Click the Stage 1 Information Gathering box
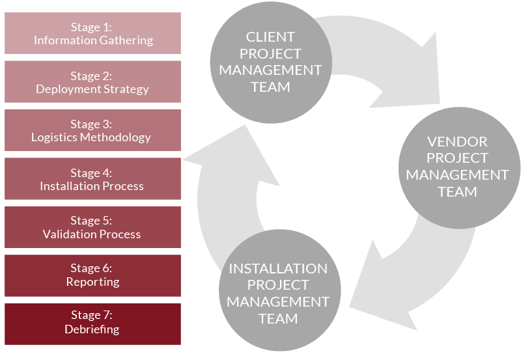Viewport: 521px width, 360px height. point(92,33)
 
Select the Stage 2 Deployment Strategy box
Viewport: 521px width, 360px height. point(92,82)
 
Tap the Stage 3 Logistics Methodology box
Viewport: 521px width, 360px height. point(92,130)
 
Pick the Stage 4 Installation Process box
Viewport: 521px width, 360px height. point(92,179)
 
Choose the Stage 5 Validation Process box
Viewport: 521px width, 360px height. point(92,227)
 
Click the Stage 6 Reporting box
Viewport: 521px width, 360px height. point(92,275)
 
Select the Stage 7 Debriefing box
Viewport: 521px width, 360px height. point(92,324)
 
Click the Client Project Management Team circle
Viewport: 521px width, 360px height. point(270,62)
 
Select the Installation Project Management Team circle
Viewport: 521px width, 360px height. point(278,294)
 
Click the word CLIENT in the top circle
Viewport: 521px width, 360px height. point(270,37)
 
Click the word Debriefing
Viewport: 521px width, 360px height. point(92,329)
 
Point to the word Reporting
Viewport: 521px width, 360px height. point(92,282)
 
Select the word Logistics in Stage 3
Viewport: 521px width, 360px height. point(54,137)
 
